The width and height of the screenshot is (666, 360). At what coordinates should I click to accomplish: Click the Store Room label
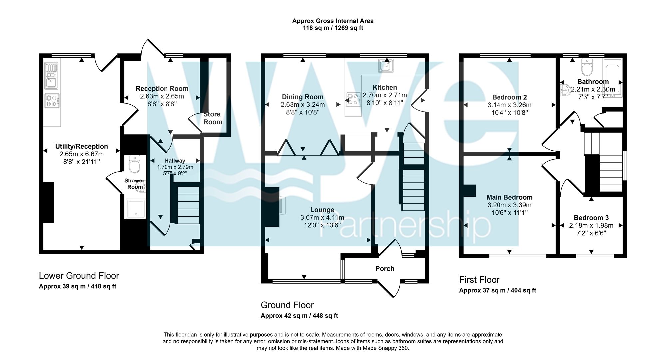[212, 118]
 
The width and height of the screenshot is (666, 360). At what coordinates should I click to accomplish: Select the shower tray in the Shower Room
[135, 209]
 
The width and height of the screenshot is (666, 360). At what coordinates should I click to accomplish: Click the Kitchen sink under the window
[386, 65]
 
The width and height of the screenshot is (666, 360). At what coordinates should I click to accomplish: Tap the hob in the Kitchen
[353, 99]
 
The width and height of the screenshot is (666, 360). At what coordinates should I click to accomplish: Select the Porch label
[385, 269]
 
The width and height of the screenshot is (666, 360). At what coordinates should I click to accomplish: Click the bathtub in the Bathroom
[613, 78]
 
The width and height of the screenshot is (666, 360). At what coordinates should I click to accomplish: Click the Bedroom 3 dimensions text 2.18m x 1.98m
[591, 226]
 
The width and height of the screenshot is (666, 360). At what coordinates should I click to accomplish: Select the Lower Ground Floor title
[79, 276]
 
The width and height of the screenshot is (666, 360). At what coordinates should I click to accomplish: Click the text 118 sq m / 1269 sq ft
[333, 28]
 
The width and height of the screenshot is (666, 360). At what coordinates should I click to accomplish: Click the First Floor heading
[479, 280]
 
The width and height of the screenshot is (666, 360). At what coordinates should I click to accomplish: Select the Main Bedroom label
[509, 197]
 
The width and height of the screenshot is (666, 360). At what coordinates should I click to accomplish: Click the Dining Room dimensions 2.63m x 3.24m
[302, 105]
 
